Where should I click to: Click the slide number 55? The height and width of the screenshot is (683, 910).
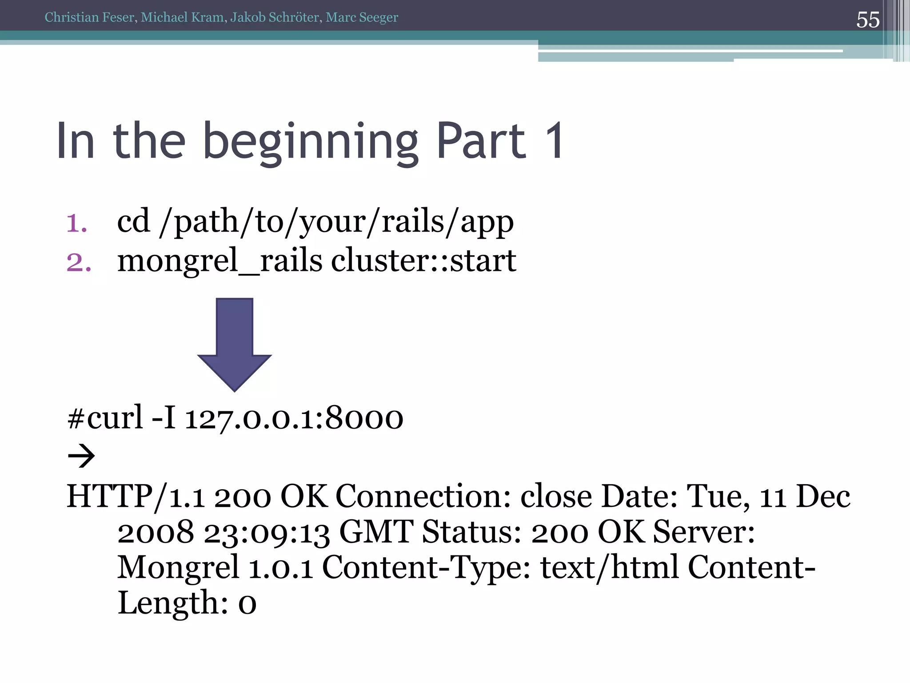[868, 20]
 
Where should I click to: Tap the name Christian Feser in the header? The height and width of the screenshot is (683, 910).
[89, 17]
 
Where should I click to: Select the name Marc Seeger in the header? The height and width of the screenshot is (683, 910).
[362, 17]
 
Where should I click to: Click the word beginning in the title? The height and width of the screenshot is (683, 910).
[311, 141]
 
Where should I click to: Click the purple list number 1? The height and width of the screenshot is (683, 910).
[76, 223]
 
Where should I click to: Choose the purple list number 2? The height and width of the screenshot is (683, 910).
[79, 262]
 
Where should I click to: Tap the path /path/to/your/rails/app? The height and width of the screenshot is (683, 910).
[336, 221]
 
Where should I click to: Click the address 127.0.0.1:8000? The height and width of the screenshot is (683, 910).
[294, 418]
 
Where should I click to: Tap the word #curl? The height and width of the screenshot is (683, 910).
[105, 418]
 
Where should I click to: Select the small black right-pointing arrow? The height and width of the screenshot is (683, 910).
[81, 456]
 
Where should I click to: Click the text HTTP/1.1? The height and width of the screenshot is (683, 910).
[136, 496]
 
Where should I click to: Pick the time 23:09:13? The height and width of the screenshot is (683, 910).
[267, 533]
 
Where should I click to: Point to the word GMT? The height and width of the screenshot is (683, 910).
[376, 532]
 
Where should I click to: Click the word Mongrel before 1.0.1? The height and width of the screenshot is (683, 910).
[178, 568]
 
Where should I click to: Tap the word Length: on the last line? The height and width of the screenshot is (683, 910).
[173, 603]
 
